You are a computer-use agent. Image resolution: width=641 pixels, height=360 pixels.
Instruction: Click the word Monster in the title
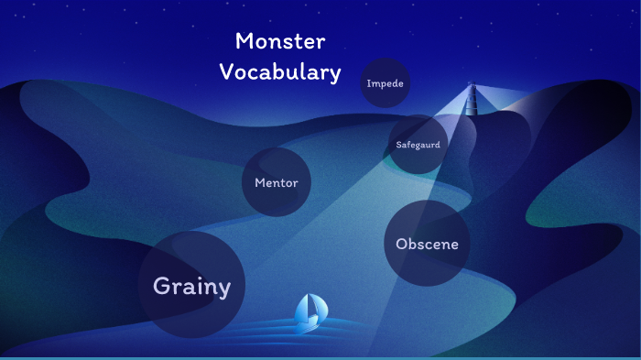click(x=280, y=41)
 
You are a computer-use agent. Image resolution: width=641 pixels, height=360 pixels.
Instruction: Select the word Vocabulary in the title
click(x=280, y=72)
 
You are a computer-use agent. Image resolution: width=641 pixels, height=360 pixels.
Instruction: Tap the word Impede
click(x=385, y=84)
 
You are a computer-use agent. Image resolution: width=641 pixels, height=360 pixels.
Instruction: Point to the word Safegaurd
click(x=418, y=146)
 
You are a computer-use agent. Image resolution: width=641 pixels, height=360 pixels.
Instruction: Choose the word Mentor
click(x=277, y=183)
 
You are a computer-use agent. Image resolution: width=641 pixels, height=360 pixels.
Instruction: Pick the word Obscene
click(x=427, y=245)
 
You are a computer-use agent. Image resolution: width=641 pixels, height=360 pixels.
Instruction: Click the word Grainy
click(x=191, y=286)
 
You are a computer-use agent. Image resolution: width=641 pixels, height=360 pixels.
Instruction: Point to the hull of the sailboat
click(x=309, y=326)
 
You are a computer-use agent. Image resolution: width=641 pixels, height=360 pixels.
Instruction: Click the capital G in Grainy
click(x=161, y=285)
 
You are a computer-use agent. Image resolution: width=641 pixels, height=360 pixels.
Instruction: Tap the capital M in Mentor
click(x=259, y=183)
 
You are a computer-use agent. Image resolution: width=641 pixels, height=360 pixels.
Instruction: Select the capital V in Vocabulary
click(x=226, y=72)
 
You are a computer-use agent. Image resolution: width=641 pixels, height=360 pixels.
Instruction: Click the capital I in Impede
click(x=368, y=84)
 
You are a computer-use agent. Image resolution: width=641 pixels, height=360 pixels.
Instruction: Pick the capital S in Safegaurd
click(x=398, y=146)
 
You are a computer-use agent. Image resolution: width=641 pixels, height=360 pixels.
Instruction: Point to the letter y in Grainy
click(x=223, y=289)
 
